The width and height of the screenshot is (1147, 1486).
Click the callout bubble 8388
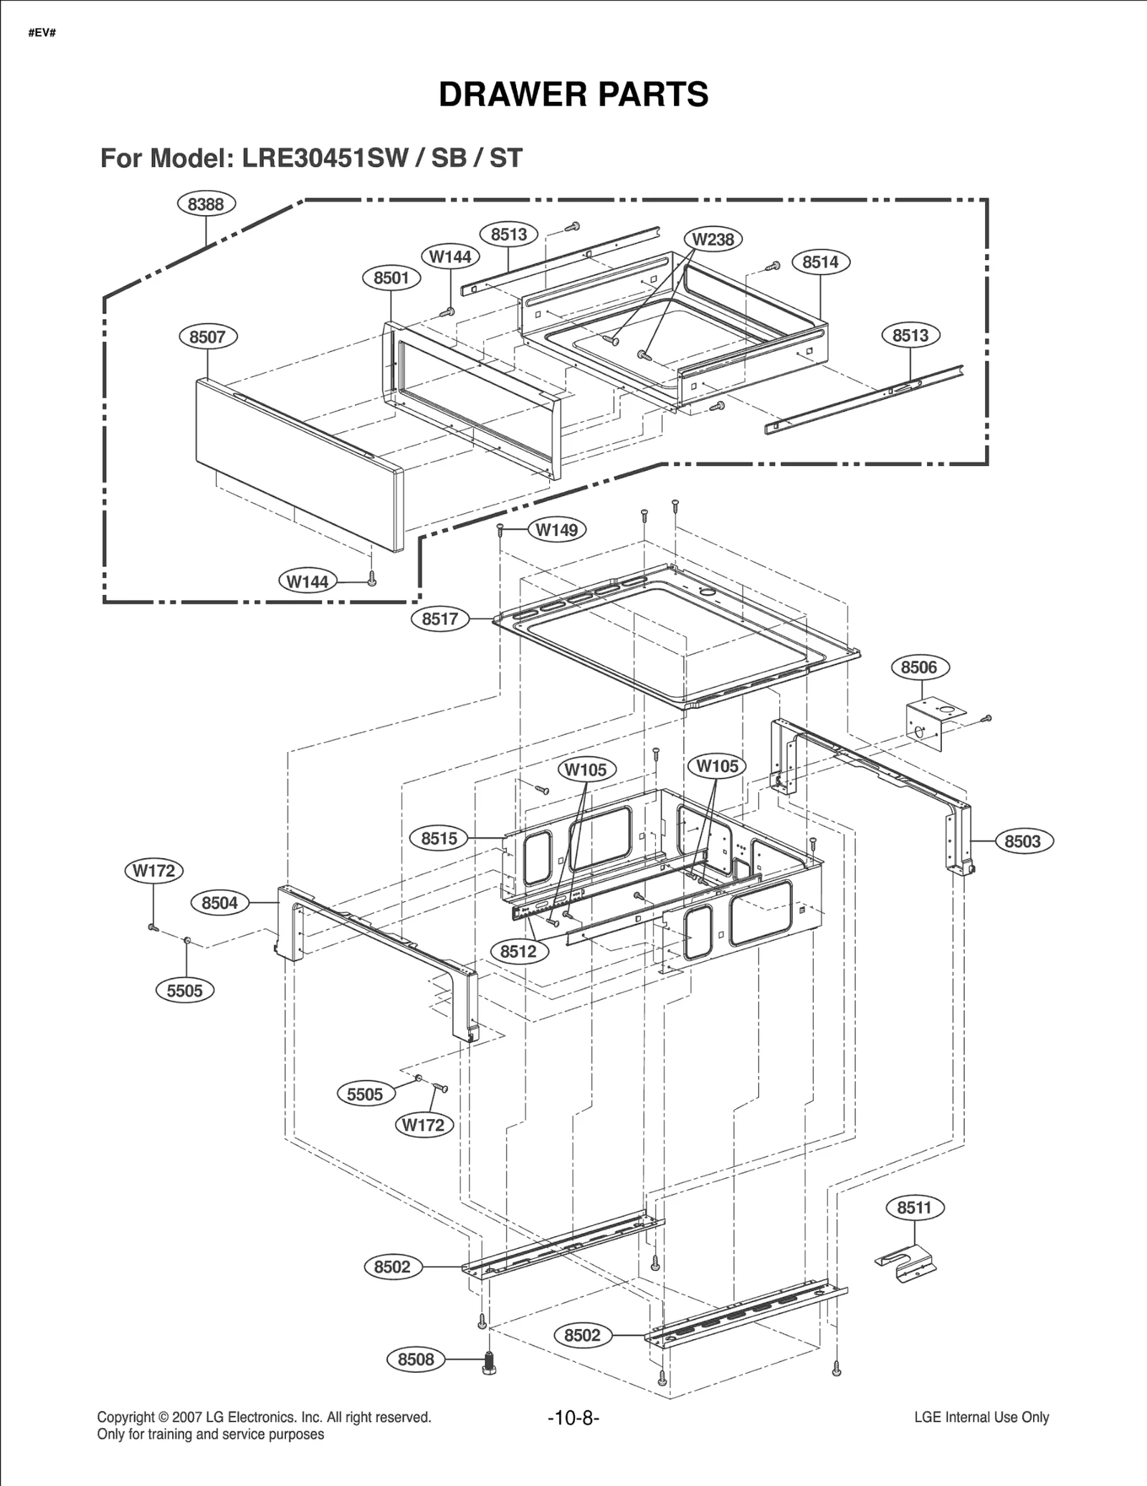click(x=206, y=204)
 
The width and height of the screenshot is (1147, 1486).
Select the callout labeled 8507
click(x=208, y=337)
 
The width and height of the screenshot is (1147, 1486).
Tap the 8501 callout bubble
click(x=391, y=278)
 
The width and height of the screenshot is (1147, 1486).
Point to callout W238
click(x=713, y=239)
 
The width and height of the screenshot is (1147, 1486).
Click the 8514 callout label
click(x=820, y=262)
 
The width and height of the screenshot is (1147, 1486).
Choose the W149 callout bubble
click(x=557, y=530)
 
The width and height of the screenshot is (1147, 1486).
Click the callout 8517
click(x=440, y=619)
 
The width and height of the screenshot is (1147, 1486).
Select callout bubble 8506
click(x=919, y=667)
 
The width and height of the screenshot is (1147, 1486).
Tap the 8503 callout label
click(x=1023, y=842)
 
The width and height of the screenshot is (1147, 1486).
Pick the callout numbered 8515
click(x=439, y=838)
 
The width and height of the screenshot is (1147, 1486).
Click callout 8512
click(x=518, y=951)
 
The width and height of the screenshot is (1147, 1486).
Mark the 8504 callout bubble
click(x=219, y=902)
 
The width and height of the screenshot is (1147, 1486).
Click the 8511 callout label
click(x=915, y=1208)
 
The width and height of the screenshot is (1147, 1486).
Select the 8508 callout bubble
click(x=416, y=1359)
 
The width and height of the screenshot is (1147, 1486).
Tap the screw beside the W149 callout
click(x=500, y=530)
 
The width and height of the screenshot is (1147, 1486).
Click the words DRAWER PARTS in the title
click(x=573, y=95)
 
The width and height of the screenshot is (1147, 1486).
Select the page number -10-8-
click(x=573, y=1418)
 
